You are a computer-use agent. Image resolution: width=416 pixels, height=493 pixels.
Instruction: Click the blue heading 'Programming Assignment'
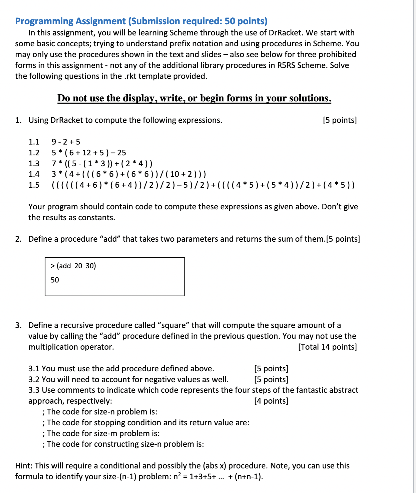(x=70, y=21)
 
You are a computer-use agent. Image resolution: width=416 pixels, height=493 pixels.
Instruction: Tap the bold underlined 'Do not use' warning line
(x=194, y=98)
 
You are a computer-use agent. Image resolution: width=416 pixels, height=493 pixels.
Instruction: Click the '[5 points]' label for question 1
(x=340, y=120)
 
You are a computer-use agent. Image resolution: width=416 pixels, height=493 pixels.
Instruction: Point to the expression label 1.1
(x=34, y=142)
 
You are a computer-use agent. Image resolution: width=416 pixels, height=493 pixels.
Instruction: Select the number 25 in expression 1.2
(x=121, y=153)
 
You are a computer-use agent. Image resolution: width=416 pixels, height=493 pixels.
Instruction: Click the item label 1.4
(x=34, y=174)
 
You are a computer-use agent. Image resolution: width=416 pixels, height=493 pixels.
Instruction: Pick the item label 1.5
(x=34, y=185)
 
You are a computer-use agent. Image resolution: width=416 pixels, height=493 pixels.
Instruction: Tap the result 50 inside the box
(x=55, y=280)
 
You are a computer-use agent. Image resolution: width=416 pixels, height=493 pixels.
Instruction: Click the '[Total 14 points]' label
(x=327, y=347)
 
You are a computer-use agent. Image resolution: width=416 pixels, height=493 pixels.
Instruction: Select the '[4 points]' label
(x=271, y=401)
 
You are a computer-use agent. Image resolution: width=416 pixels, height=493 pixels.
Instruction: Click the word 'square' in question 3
(x=174, y=325)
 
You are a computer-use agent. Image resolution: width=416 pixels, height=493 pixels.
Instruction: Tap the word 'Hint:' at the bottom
(x=24, y=466)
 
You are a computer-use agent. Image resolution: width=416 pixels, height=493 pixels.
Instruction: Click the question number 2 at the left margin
(x=18, y=239)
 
